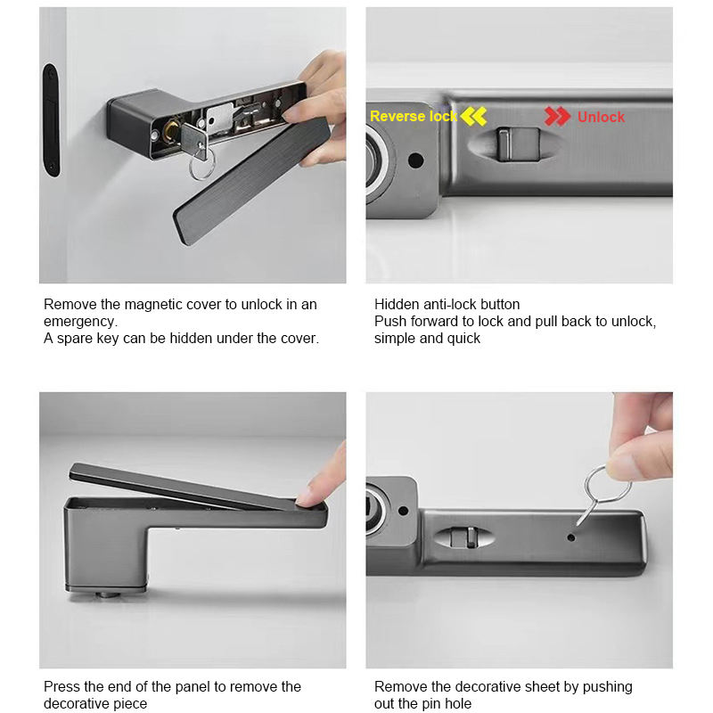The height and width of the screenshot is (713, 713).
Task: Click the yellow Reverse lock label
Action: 413,117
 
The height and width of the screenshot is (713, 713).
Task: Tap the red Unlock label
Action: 601,117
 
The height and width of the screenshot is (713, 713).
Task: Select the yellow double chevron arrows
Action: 473,117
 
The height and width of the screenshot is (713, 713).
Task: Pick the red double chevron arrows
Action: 558,117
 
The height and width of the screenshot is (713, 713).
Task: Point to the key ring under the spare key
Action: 201,166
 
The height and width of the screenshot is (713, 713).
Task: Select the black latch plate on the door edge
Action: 50,119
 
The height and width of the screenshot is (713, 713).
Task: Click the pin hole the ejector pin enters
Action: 570,538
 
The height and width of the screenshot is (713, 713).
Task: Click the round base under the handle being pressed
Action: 106,592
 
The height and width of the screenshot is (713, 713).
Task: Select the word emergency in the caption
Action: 80,321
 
